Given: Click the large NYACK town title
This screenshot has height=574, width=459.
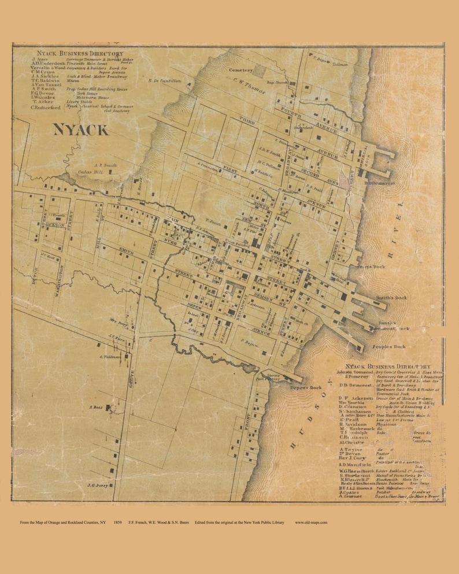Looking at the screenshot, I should click(80, 129).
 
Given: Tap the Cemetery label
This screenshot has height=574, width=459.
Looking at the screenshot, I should click(241, 70).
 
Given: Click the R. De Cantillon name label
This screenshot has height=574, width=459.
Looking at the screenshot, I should click(164, 81).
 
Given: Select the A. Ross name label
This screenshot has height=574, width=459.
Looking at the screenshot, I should click(95, 407).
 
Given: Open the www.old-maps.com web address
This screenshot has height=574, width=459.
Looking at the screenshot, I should click(311, 522).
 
